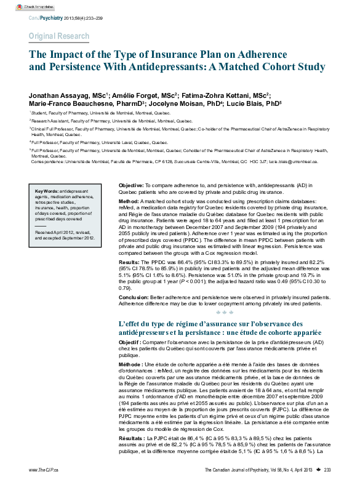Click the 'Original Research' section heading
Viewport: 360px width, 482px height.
coord(58,36)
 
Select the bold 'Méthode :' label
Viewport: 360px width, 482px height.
coord(131,365)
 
